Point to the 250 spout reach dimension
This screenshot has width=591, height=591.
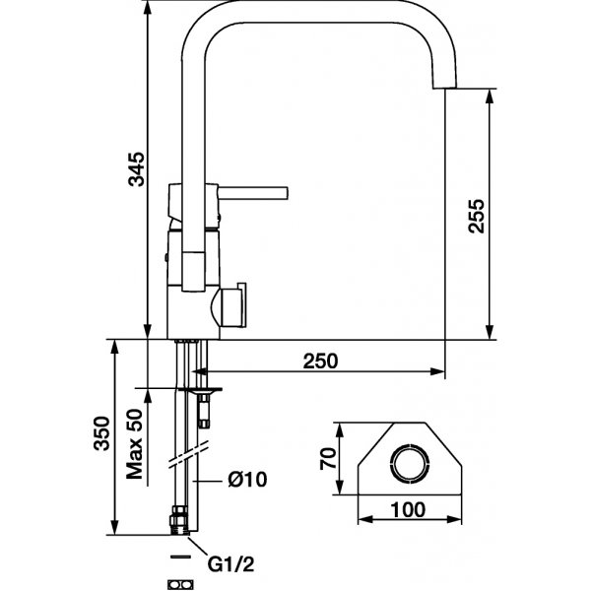point(319,361)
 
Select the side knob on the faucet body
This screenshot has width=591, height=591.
point(236,305)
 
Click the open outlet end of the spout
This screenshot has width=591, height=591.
point(443,90)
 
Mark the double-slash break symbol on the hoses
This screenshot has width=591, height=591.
point(189,454)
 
